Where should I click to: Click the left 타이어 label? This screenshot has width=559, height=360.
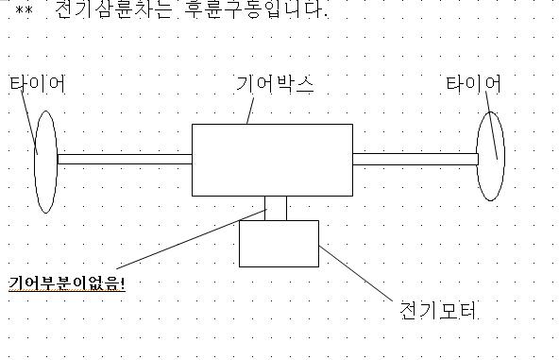tap(38, 83)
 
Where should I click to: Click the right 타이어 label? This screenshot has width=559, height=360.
tap(474, 84)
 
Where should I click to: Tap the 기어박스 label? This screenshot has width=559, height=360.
tap(275, 84)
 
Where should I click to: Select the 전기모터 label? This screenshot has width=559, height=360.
tap(438, 310)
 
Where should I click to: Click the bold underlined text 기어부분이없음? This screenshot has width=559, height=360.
tap(67, 283)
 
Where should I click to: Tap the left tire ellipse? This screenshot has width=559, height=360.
tap(35, 163)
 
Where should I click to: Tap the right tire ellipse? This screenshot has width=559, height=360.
tap(477, 156)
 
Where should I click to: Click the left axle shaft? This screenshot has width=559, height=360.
tap(125, 159)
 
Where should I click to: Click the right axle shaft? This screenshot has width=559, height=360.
tap(415, 159)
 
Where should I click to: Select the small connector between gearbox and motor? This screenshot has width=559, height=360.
tap(276, 208)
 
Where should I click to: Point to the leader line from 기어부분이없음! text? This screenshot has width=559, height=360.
tap(191, 239)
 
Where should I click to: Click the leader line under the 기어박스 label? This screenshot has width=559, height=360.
tap(250, 111)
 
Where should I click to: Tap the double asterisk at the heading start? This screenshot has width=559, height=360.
tap(24, 9)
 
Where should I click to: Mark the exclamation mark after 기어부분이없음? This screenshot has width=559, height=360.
tap(123, 283)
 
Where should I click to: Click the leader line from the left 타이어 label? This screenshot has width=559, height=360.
tap(29, 123)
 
